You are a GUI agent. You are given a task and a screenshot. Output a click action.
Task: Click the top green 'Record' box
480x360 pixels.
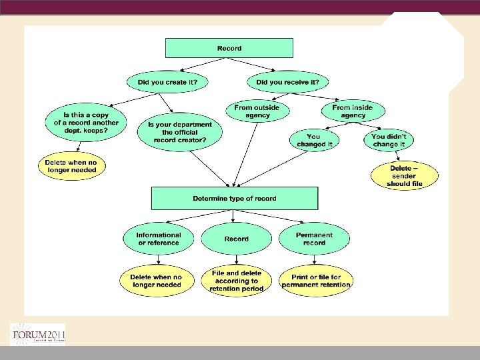tap(229, 48)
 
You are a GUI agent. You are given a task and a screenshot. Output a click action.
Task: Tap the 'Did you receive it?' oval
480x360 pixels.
tap(287, 82)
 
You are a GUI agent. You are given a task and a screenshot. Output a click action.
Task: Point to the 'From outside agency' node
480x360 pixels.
tap(257, 111)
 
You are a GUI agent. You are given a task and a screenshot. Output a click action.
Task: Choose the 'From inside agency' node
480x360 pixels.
tap(353, 111)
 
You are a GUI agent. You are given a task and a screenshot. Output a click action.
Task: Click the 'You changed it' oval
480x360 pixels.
tap(314, 140)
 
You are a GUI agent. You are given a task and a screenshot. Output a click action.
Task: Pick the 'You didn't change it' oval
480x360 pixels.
tap(389, 140)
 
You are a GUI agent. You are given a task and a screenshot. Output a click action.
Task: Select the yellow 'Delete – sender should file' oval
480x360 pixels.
tap(405, 176)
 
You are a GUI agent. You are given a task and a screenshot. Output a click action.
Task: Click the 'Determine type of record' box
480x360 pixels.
tap(235, 199)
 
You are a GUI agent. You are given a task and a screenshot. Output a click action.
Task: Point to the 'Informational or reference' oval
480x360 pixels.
tap(158, 239)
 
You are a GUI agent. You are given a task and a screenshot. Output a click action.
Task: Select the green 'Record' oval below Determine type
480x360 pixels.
tap(236, 239)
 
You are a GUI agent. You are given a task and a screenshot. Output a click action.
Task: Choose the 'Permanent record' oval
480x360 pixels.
tap(314, 239)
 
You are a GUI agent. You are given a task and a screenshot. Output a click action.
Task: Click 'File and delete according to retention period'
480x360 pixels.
tap(236, 281)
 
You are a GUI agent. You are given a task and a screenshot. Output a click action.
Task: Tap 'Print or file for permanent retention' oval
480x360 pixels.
tap(316, 281)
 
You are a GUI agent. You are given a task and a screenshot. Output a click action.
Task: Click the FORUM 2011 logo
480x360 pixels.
tap(37, 334)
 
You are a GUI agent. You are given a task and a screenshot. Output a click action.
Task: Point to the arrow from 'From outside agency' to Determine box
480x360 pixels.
tap(243, 153)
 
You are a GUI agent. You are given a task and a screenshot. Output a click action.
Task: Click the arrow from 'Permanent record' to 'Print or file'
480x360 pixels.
tap(315, 261)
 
